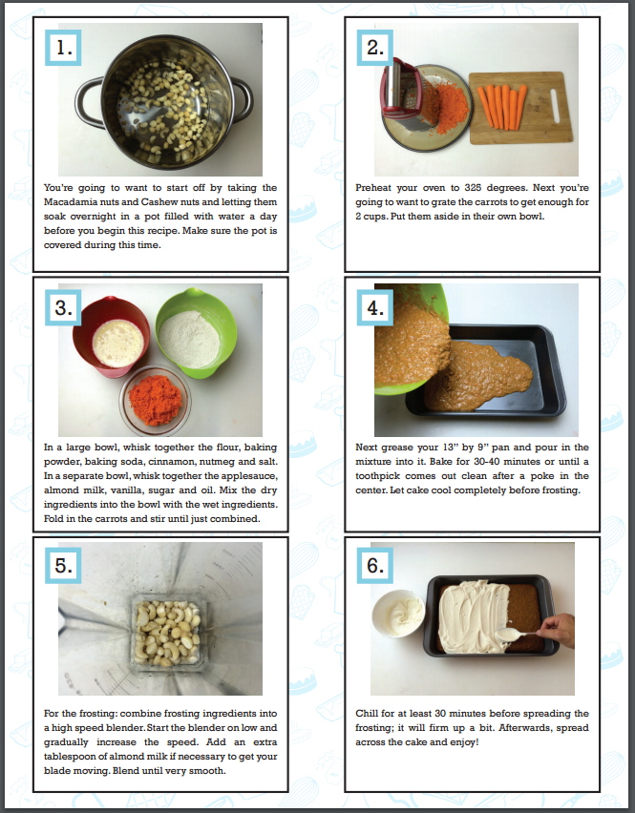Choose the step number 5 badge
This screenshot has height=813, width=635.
[x=64, y=565]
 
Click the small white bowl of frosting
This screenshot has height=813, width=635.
[x=399, y=618]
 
